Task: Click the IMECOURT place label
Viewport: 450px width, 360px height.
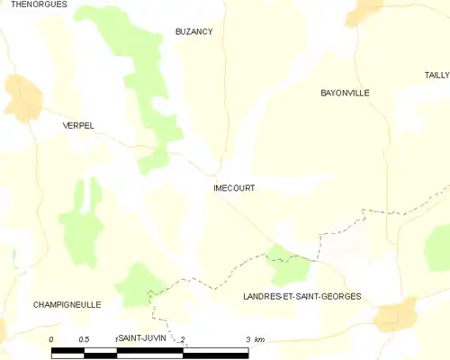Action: pos(233,188)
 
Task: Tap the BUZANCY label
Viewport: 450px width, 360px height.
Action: pos(193,31)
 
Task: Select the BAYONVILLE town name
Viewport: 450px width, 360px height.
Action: pos(345,93)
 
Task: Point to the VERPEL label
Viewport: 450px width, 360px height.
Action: pos(78,125)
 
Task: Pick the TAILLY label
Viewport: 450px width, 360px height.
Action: pos(437,76)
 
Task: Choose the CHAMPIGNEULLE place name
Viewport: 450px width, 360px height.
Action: pos(67,304)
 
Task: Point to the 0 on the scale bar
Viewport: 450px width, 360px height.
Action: pos(51,338)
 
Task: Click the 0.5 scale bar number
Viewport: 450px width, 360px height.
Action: pos(84,338)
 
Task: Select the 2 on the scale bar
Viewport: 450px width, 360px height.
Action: pos(183,338)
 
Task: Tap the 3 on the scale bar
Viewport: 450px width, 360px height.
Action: pos(247,338)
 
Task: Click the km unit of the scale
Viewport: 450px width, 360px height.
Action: pos(259,338)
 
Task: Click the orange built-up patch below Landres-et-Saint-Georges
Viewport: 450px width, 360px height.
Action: pos(396,317)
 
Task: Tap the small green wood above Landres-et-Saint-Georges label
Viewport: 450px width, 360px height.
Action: pos(290,265)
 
